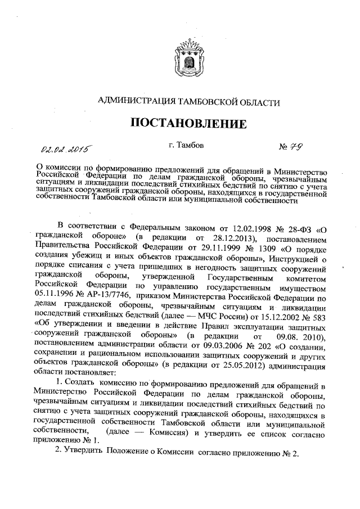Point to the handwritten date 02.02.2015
point(66,148)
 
